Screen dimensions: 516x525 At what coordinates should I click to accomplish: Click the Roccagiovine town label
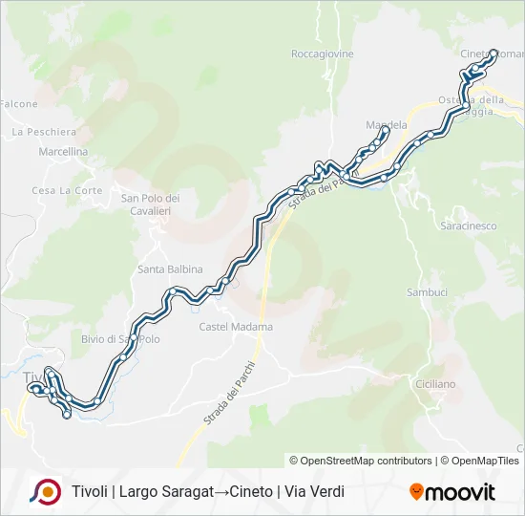point(323,54)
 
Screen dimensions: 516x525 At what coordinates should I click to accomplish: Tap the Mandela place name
point(387,125)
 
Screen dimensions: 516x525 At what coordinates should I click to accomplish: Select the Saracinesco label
point(469,226)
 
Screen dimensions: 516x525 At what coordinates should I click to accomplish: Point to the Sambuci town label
point(427,291)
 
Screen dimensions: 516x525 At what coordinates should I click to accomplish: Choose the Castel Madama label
point(236,327)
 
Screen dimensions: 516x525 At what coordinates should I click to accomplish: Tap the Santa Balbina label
point(171,269)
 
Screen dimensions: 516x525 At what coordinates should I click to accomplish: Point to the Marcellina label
point(63,152)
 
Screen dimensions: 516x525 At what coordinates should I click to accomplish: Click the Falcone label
point(18,104)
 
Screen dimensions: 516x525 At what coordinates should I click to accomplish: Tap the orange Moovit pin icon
point(416,492)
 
